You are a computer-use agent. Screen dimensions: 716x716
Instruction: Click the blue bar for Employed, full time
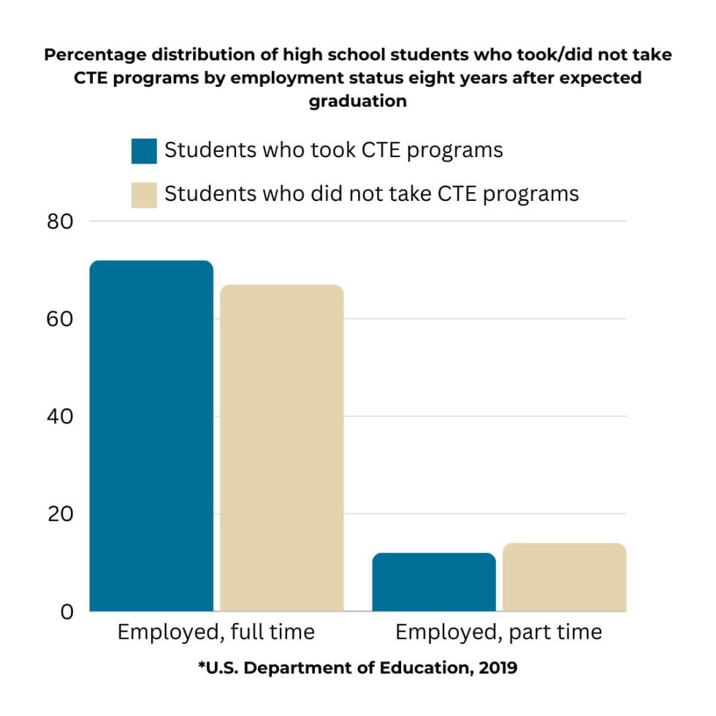click(x=151, y=435)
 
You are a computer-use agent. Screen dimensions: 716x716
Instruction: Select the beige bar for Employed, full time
click(x=282, y=448)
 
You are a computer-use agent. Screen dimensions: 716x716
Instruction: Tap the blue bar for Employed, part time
click(x=434, y=582)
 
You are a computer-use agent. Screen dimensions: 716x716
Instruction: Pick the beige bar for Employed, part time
click(x=564, y=577)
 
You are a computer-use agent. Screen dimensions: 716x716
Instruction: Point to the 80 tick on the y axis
click(x=60, y=221)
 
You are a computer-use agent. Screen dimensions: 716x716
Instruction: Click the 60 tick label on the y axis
click(x=60, y=319)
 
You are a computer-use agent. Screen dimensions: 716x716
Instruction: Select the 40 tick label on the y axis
click(x=60, y=416)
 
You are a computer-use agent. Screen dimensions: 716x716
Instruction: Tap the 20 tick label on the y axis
click(x=60, y=514)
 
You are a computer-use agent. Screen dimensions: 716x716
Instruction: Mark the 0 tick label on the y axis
click(x=66, y=612)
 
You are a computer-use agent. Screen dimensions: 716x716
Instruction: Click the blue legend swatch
click(x=144, y=151)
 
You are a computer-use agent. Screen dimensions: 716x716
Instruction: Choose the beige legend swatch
click(x=144, y=195)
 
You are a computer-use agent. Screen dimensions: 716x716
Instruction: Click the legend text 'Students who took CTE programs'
click(x=334, y=151)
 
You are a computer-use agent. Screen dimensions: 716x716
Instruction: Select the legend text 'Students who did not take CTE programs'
click(x=372, y=194)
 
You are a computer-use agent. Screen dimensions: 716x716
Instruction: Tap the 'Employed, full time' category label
click(x=216, y=633)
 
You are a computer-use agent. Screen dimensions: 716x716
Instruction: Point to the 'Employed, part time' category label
click(x=498, y=633)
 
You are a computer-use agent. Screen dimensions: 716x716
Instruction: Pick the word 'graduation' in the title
click(x=358, y=101)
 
